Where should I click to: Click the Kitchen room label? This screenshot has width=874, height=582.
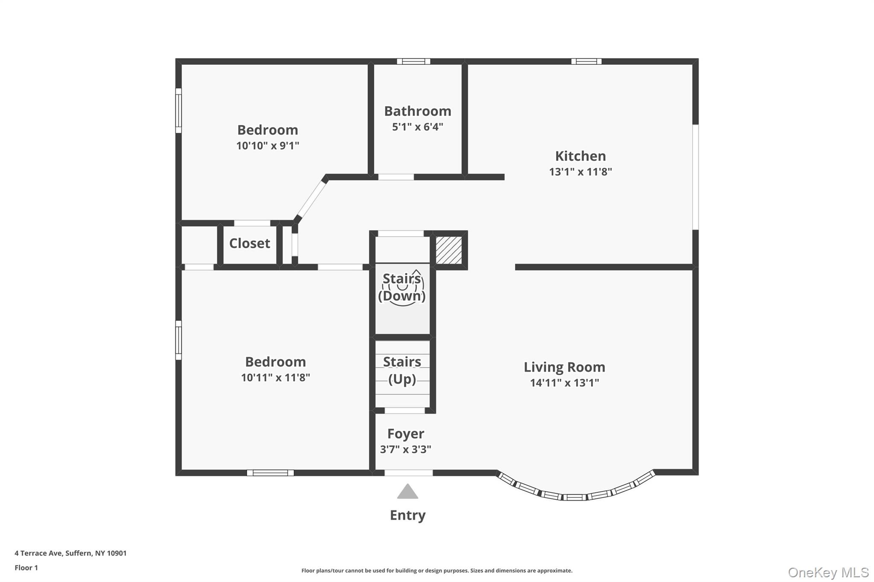pos(580,156)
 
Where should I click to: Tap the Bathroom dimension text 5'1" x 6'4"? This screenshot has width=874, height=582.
pos(417,127)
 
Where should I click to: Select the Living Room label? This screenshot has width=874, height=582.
pos(564,367)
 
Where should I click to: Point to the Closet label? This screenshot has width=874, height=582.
pos(250,243)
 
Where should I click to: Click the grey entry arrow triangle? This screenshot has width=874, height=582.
pos(408,492)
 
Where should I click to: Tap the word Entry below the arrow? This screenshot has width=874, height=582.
pos(408,515)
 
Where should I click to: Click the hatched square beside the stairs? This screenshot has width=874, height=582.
pos(449,250)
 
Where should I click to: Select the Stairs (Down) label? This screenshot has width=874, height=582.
pos(402,287)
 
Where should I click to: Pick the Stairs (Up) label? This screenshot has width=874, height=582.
pos(402,370)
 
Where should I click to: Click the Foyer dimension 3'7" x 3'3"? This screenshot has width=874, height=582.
pos(405,449)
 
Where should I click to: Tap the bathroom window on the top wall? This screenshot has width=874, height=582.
pos(413,61)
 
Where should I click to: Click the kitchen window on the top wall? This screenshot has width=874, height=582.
pos(586,61)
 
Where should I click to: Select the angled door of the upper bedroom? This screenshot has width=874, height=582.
pos(311,200)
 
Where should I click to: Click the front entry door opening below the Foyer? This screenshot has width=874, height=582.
pos(408,472)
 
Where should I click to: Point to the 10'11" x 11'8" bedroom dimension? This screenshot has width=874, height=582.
pos(275,378)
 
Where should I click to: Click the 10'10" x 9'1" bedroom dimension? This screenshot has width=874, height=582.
pos(268,146)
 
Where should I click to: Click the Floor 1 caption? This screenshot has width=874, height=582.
pos(26,568)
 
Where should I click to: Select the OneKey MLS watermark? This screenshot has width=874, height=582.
pos(828,572)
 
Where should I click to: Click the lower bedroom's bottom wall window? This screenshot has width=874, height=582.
pos(270,472)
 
